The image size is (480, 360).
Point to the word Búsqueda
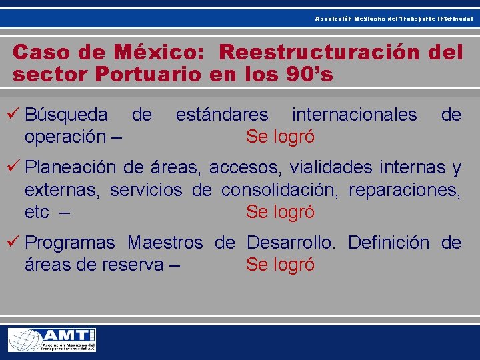coord(66,115)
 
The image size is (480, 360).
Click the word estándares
coord(222,115)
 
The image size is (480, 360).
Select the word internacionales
coord(354,115)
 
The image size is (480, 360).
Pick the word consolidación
coord(279,190)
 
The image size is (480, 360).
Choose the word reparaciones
coord(405,190)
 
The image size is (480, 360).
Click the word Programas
coord(69,242)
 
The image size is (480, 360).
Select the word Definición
coord(389,242)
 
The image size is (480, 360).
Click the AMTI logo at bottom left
coord(52,340)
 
